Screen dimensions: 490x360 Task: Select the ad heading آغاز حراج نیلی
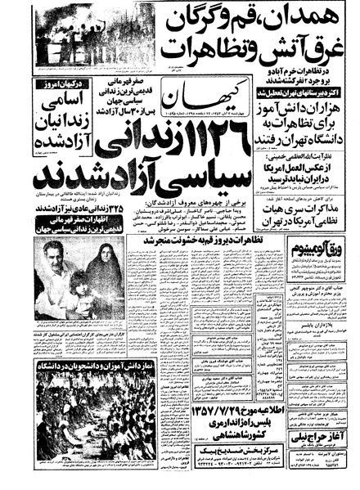click(332, 443)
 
